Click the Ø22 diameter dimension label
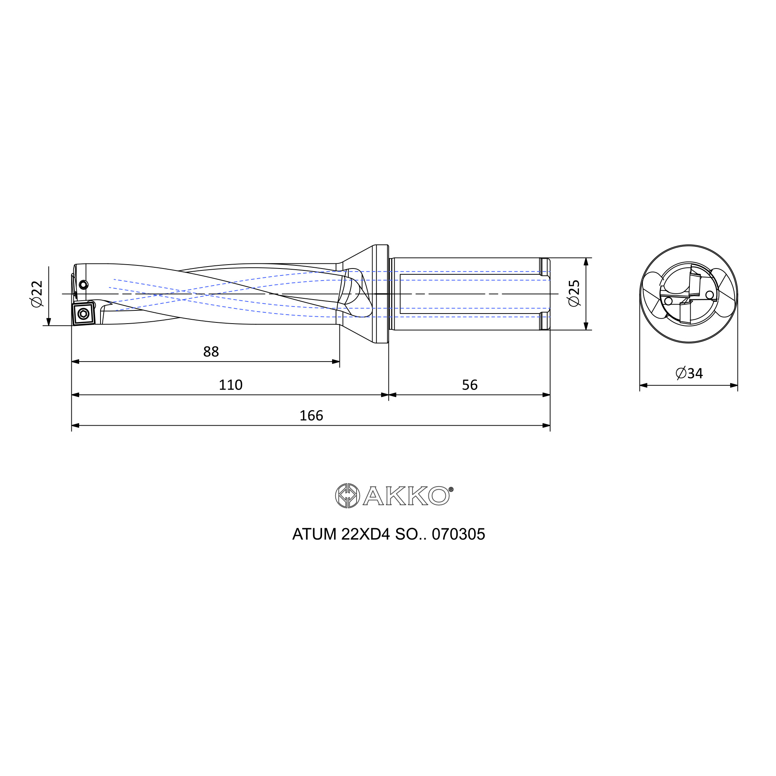point(36,294)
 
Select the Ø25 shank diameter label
point(574,293)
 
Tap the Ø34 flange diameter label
point(689,373)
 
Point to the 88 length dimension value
point(211,352)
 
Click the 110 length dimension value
point(230,385)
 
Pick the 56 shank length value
point(469,385)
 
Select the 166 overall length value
point(311,415)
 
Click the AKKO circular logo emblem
point(347,495)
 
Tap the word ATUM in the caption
point(314,534)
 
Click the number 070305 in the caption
point(458,534)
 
